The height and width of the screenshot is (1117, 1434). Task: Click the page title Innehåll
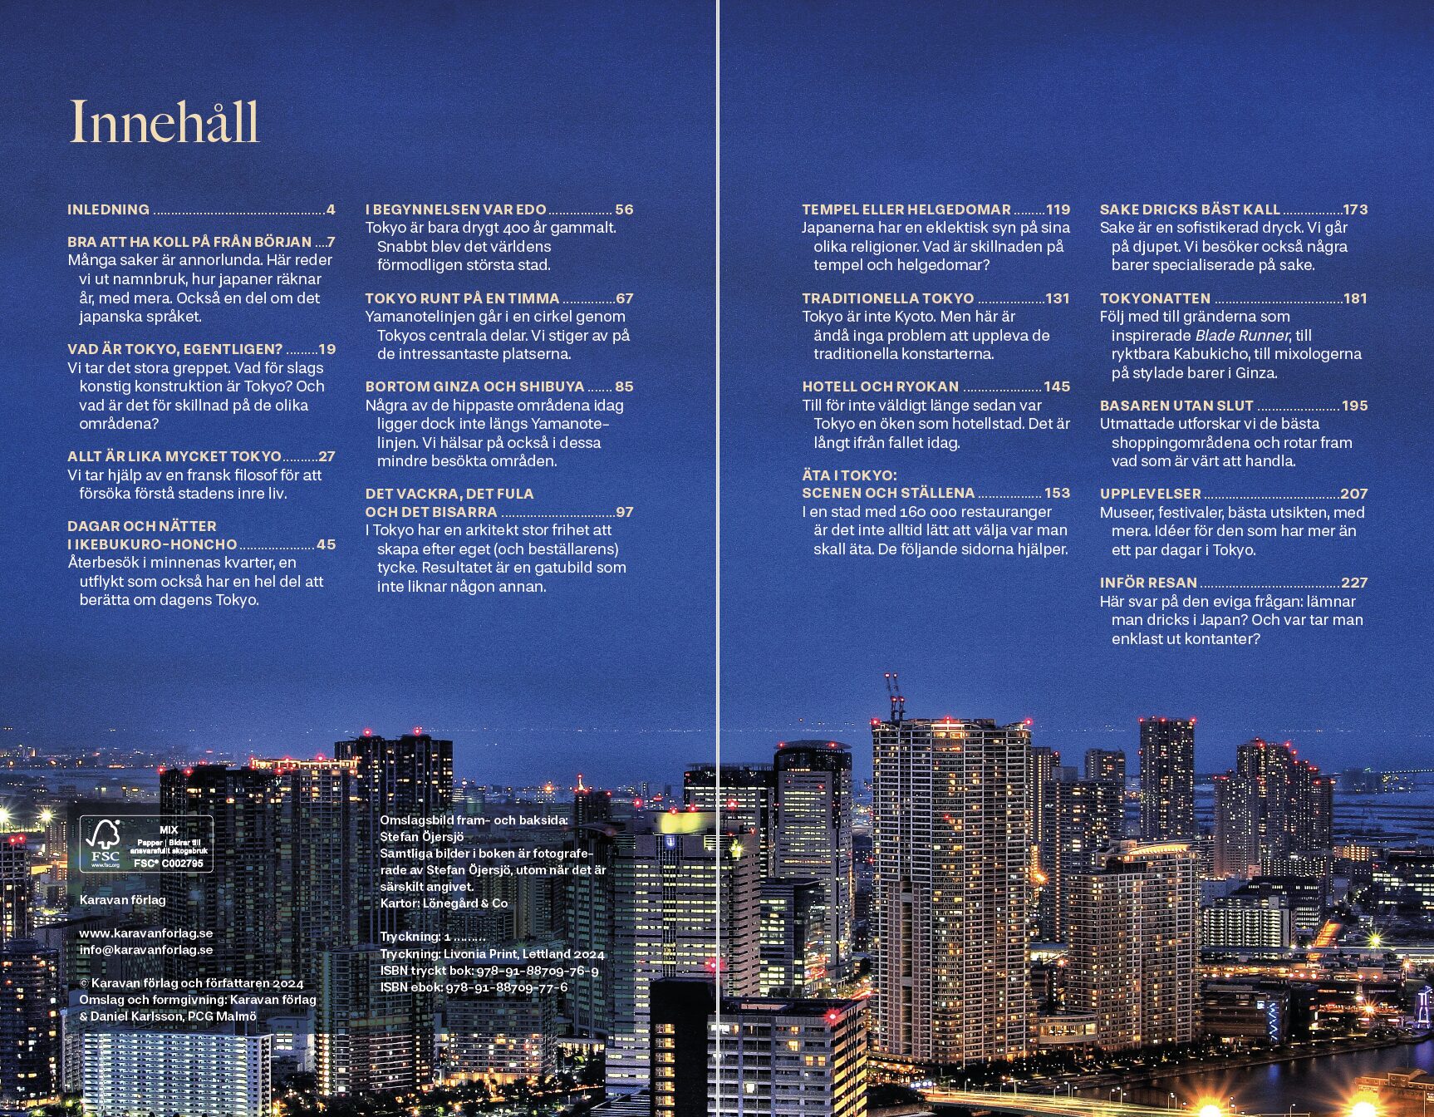(x=164, y=121)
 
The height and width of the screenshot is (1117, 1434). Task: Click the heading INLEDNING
(x=108, y=209)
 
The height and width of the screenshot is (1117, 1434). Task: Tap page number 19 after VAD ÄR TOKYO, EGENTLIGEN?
(x=327, y=349)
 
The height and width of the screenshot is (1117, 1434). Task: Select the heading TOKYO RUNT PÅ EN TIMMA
(x=462, y=298)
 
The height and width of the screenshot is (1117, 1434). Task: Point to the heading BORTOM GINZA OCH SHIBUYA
(x=474, y=386)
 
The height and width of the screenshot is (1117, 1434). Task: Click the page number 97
(x=624, y=512)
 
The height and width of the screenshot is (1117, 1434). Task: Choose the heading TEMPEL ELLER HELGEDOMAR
(x=906, y=209)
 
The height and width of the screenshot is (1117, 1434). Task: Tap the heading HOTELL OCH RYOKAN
(x=880, y=386)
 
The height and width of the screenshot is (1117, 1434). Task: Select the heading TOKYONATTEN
(x=1155, y=298)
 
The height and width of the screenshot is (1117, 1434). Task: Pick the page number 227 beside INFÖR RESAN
(x=1353, y=583)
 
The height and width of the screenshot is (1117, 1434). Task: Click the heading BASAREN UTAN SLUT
(x=1176, y=406)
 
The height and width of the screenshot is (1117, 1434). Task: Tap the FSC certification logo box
(x=146, y=844)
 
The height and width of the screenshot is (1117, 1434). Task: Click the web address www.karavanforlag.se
(x=146, y=933)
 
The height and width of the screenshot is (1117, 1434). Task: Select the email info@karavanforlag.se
(x=146, y=950)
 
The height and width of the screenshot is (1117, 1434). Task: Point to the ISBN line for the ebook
(x=474, y=987)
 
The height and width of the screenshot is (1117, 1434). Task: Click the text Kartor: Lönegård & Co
(x=444, y=903)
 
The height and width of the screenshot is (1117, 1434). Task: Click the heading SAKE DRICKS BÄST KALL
(x=1190, y=209)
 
